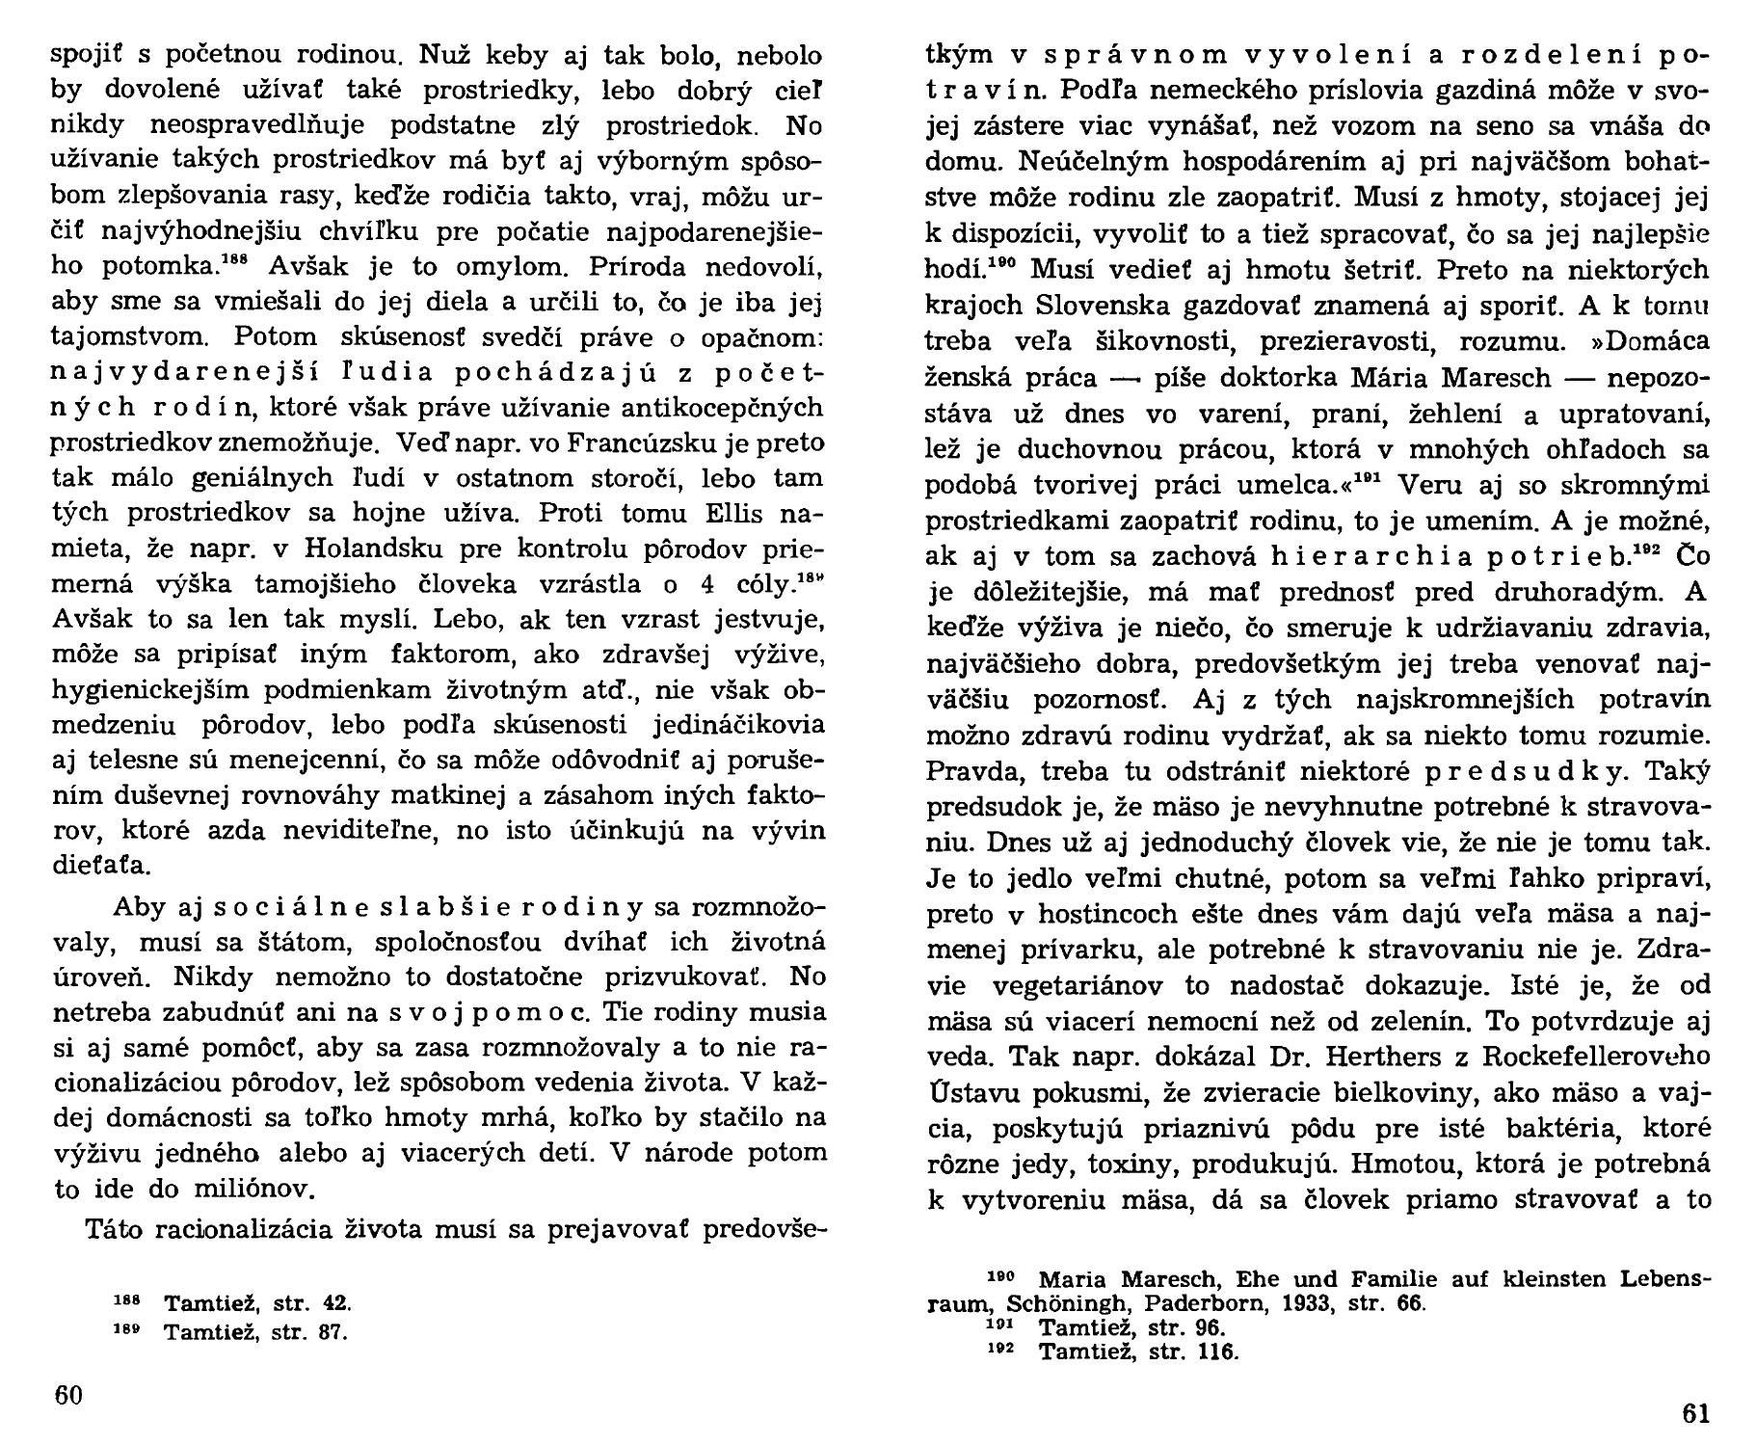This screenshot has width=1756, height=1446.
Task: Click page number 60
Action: pos(68,1396)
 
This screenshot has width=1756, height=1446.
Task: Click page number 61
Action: pos(1695,1414)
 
